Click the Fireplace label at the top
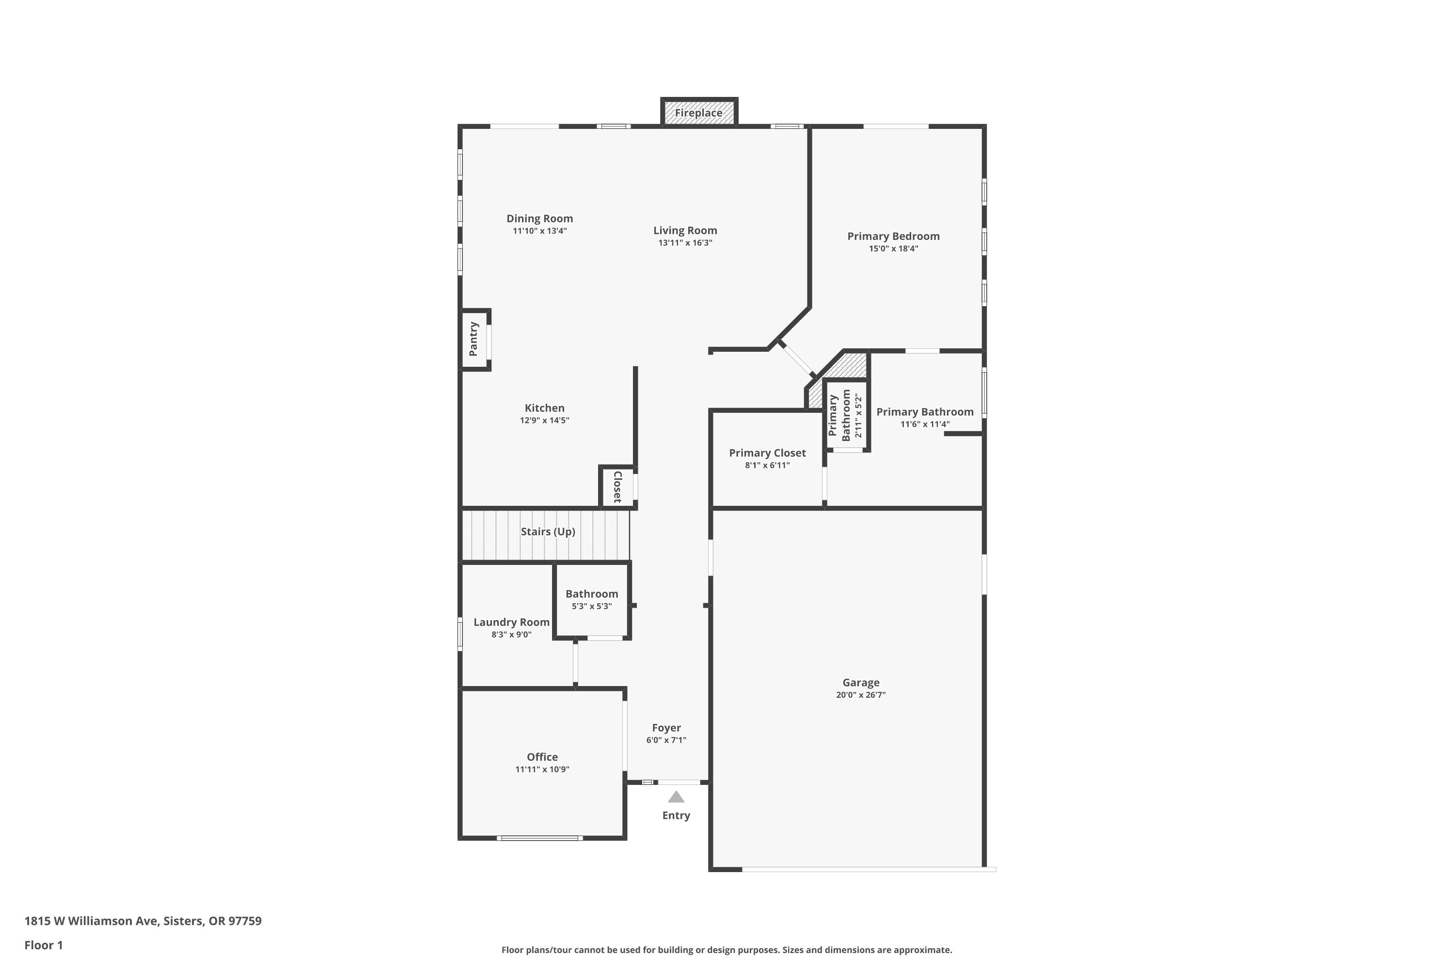tap(698, 113)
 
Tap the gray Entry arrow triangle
tap(676, 797)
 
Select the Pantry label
tap(474, 339)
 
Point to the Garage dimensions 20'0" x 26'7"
tap(861, 695)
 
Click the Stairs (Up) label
tap(548, 531)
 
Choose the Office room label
tap(542, 757)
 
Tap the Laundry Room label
tap(511, 622)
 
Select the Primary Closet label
tap(767, 453)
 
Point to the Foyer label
tap(666, 728)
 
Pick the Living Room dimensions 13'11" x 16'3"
tap(685, 243)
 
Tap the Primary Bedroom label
tap(893, 236)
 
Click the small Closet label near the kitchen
tap(617, 487)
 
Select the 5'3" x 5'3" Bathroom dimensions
tap(592, 606)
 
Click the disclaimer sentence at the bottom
tap(727, 950)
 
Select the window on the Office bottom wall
tap(540, 838)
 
